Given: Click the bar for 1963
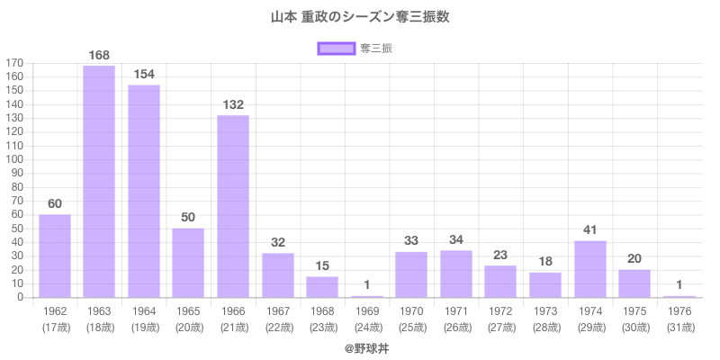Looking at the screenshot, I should (99, 181).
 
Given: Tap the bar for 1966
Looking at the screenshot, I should (233, 206).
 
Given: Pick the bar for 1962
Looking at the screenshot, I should (55, 256).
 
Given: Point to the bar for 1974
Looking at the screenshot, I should (590, 269).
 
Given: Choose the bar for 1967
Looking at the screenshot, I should (278, 275).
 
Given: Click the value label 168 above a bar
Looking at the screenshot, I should (99, 56).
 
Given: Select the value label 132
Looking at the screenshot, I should (233, 105).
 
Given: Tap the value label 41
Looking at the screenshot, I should (590, 230).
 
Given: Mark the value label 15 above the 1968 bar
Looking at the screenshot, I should (322, 266).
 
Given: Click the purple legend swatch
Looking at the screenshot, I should (337, 49).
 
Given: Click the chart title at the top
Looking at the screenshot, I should (360, 17).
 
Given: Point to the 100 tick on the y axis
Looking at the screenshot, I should (15, 159).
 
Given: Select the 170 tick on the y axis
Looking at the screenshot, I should (15, 63).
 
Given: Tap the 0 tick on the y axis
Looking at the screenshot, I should (21, 298).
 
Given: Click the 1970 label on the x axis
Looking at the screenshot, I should (411, 311).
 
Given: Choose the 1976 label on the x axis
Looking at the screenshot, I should (679, 311).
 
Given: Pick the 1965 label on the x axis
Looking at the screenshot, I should (188, 311).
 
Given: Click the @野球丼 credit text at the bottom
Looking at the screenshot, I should (360, 346).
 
